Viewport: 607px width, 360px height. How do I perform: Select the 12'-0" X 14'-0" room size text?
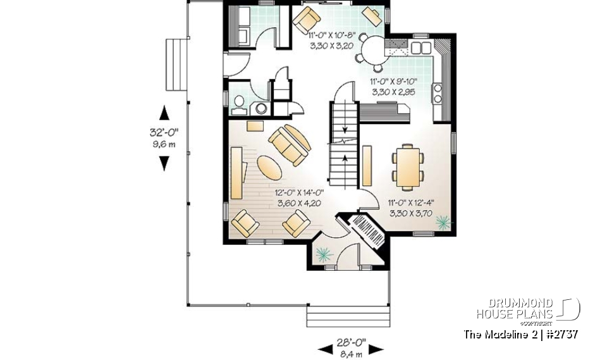click(x=299, y=199)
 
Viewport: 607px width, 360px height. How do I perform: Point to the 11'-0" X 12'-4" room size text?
click(x=410, y=209)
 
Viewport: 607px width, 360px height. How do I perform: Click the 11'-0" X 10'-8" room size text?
click(x=333, y=41)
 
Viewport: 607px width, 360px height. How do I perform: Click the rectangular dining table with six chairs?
click(x=405, y=166)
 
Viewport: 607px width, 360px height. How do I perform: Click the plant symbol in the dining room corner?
click(x=443, y=221)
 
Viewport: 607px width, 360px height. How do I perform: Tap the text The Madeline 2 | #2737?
click(x=520, y=334)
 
